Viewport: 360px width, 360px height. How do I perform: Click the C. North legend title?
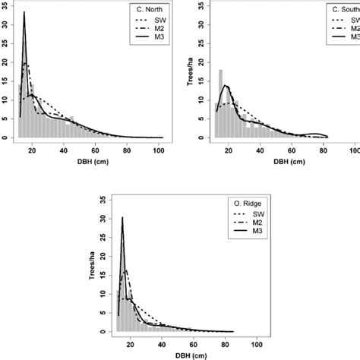click(x=146, y=10)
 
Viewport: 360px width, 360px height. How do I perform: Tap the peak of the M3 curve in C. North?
click(x=24, y=13)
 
